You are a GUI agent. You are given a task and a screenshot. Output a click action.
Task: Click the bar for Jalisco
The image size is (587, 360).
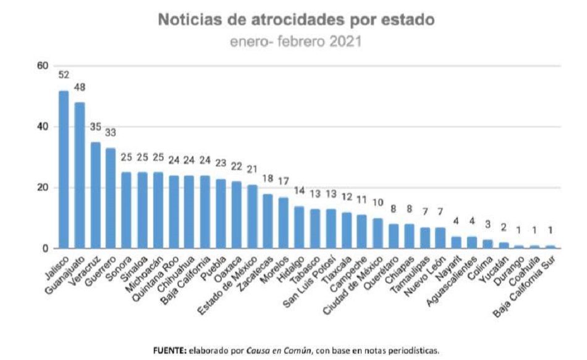click(64, 170)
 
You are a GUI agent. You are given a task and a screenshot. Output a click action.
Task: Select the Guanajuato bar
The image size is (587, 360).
click(80, 175)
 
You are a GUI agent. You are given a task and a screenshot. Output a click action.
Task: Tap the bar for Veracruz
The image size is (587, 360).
click(95, 195)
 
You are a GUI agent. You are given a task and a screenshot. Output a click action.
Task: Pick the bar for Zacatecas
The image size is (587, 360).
click(268, 221)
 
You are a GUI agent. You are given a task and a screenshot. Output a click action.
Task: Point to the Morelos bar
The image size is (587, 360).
click(284, 223)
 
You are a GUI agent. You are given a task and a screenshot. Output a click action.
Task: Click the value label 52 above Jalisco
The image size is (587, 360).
click(64, 75)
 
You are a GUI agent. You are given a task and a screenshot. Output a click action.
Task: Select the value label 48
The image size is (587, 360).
click(80, 88)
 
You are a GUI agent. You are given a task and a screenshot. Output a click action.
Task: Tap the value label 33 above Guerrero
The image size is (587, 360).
click(111, 133)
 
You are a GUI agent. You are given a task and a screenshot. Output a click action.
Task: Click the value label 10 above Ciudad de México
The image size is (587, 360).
click(378, 203)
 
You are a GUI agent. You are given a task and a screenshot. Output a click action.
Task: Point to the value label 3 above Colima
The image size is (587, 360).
click(488, 224)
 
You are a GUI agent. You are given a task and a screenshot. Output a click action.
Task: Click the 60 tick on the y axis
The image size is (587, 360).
click(43, 66)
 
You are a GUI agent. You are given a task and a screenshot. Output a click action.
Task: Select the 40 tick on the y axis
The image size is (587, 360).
click(43, 127)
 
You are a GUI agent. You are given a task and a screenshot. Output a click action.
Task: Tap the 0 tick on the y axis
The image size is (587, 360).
click(45, 248)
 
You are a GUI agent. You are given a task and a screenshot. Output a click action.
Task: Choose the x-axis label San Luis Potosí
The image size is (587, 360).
click(310, 282)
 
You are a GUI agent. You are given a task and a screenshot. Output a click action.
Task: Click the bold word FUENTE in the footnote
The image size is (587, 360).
click(169, 351)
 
